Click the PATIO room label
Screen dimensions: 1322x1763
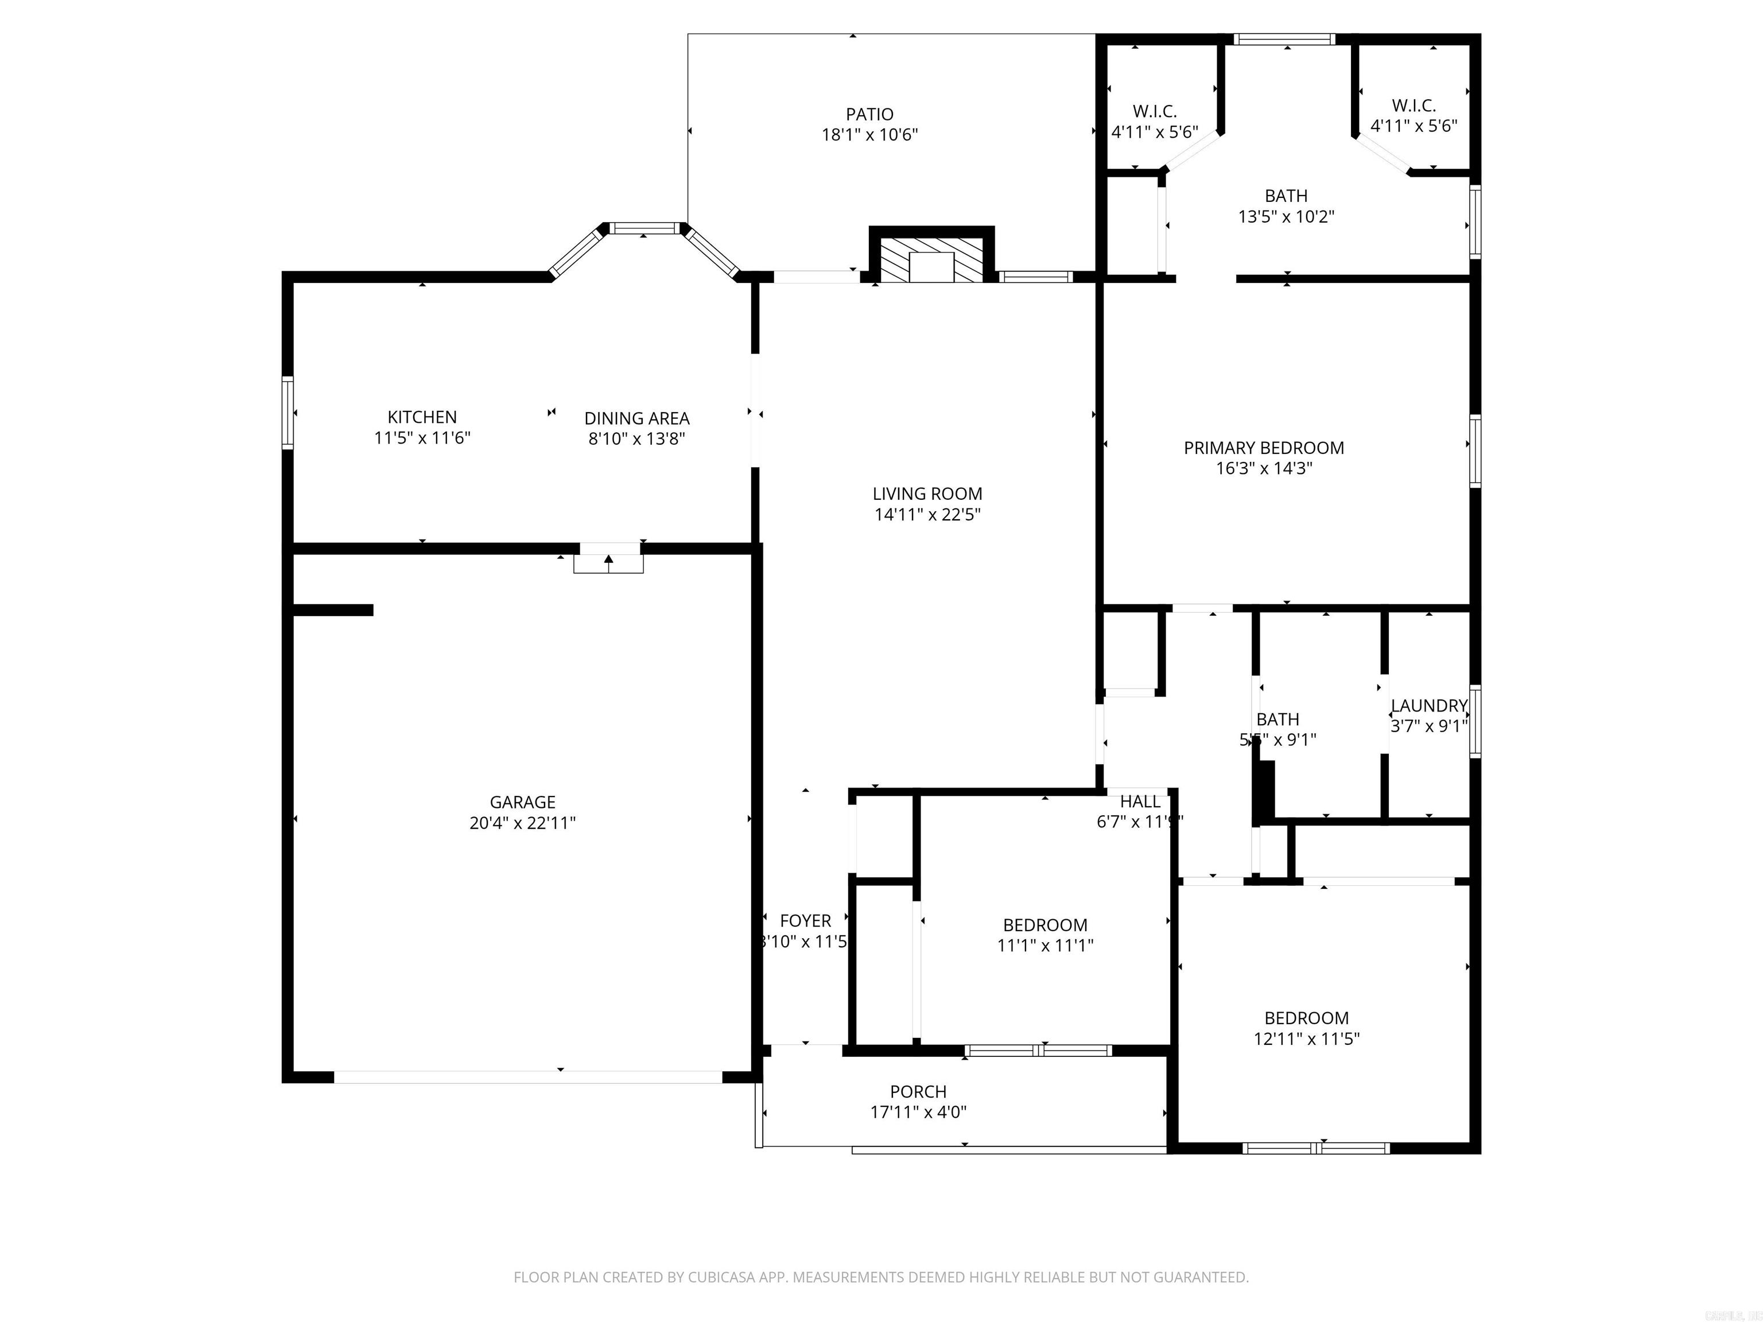tap(869, 115)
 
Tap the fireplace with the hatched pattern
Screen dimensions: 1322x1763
tap(931, 259)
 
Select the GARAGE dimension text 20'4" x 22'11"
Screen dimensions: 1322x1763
tap(522, 823)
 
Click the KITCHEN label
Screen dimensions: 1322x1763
tap(422, 417)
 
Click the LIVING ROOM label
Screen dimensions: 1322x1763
tap(927, 494)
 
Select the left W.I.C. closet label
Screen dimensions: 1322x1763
tap(1154, 111)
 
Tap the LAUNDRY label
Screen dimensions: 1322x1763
tap(1428, 705)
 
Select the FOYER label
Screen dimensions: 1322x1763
tap(805, 920)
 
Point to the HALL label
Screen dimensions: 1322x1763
tap(1140, 802)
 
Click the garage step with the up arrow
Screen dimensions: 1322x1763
tap(608, 562)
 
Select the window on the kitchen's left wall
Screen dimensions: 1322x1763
tap(288, 413)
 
